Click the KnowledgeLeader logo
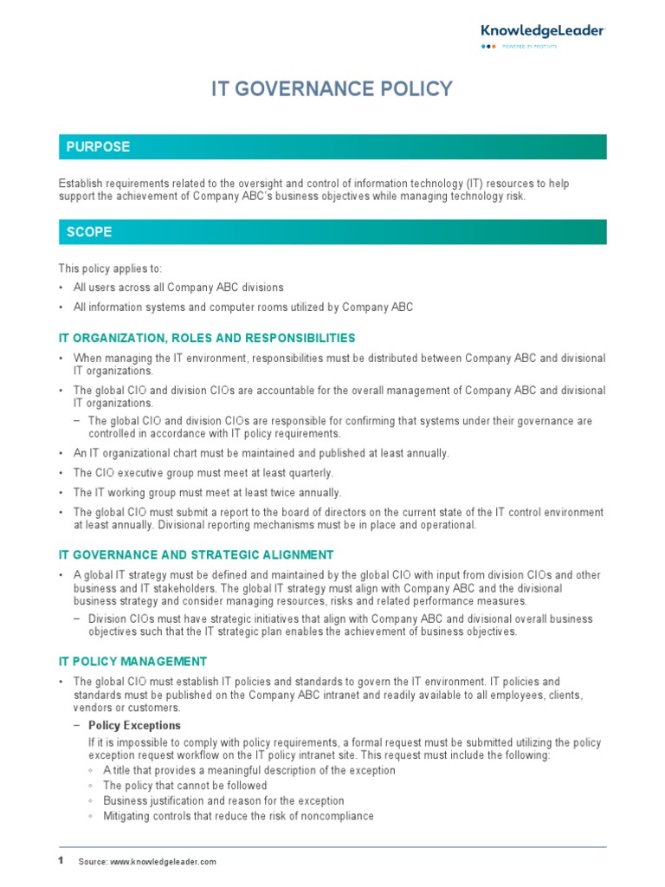542,35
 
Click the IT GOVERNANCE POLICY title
332,89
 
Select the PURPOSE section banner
332,147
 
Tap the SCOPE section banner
332,232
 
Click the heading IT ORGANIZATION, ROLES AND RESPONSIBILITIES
207,338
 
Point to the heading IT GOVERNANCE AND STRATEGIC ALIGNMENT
196,555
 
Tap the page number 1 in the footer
61,860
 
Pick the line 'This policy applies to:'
110,269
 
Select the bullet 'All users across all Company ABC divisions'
178,288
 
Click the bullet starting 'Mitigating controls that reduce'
238,816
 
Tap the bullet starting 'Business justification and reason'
223,801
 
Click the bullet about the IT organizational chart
261,453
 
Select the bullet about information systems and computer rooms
243,308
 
